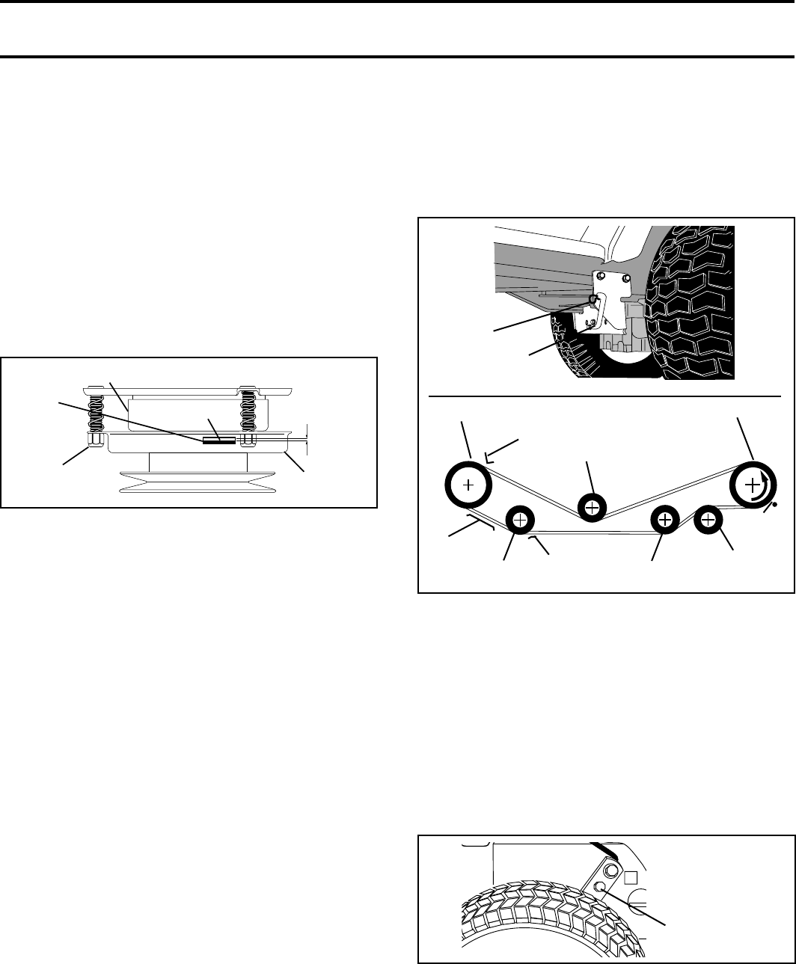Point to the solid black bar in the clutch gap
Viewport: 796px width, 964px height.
[x=219, y=440]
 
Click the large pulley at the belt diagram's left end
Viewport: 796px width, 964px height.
[x=468, y=485]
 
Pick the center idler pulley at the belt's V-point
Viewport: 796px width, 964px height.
[x=592, y=506]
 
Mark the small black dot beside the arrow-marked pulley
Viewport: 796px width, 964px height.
[x=774, y=505]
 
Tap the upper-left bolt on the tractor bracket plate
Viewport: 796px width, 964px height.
[x=602, y=277]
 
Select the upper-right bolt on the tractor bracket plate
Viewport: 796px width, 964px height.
[x=627, y=278]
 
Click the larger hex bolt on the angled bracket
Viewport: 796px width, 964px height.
[x=611, y=871]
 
